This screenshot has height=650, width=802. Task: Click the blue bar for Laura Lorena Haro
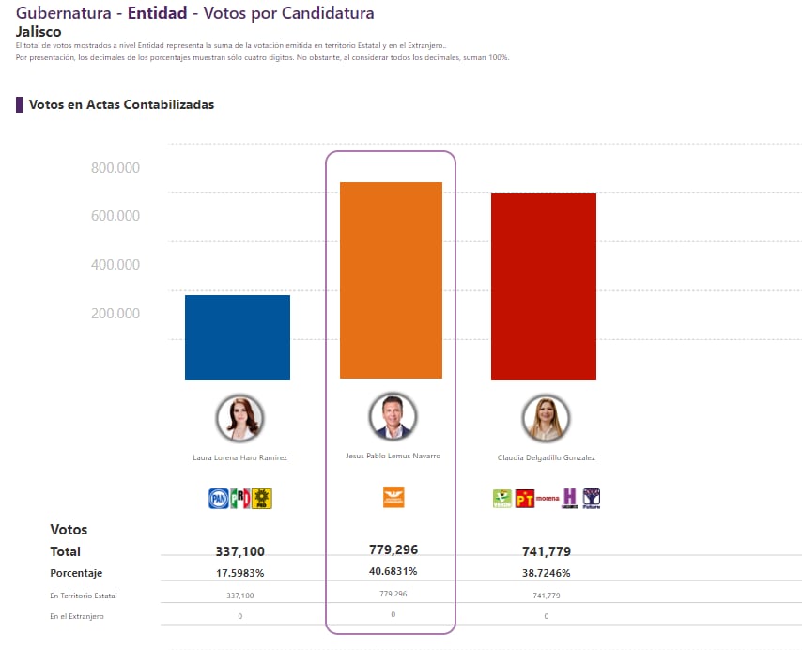tap(237, 337)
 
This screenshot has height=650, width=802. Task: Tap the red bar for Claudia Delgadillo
tap(544, 286)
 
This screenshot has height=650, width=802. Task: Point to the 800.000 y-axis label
tap(116, 168)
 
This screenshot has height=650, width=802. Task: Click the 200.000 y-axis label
tap(116, 314)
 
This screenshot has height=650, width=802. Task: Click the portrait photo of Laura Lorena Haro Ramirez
tap(239, 418)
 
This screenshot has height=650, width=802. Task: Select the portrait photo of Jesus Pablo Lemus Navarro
tap(393, 416)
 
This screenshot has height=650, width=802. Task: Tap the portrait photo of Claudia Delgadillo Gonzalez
tap(546, 419)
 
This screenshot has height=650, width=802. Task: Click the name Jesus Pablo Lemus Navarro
tap(393, 456)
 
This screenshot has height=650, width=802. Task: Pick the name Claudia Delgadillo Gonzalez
tap(546, 457)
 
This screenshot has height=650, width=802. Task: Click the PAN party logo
tap(218, 499)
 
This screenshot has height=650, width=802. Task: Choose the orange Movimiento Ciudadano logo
tap(393, 497)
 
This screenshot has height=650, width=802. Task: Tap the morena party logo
tap(547, 498)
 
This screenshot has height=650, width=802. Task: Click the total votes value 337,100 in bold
tap(239, 551)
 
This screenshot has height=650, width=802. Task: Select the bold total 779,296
tap(393, 549)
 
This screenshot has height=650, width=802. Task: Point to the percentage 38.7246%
tap(546, 573)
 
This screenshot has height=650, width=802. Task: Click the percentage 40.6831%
tap(393, 571)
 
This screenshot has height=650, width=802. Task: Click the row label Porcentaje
tap(76, 573)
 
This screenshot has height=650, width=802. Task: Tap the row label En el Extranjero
tap(77, 616)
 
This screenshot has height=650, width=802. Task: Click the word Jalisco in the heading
tap(39, 31)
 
